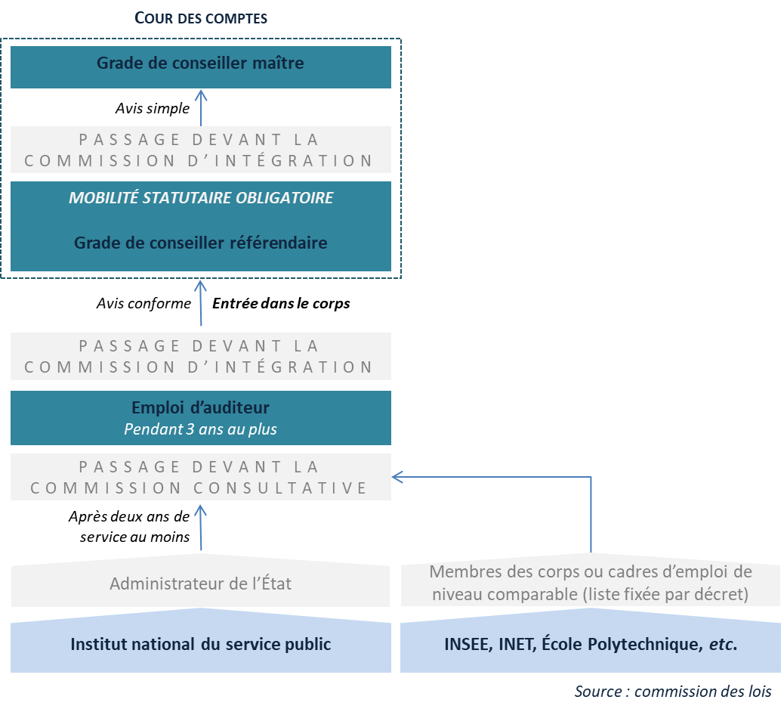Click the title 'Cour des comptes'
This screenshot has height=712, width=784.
[201, 17]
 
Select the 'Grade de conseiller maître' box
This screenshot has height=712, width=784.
[200, 63]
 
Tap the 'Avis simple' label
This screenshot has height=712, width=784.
[153, 109]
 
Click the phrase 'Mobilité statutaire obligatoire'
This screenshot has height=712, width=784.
[201, 198]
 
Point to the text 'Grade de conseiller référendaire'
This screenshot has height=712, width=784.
[201, 243]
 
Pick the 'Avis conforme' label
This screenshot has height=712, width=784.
[144, 303]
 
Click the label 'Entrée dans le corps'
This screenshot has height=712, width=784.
[281, 303]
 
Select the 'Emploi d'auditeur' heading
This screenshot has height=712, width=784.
[201, 408]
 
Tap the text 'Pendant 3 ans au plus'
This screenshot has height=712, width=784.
[201, 429]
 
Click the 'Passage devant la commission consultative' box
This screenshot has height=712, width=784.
[200, 477]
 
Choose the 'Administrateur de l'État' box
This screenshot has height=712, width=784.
[200, 584]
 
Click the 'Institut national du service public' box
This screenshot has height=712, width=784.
[200, 645]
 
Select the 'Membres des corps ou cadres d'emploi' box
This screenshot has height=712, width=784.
[590, 584]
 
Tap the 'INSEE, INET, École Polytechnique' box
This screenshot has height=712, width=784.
[590, 645]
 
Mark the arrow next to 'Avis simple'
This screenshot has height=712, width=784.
[201, 107]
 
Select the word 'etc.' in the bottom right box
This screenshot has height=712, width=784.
[723, 645]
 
